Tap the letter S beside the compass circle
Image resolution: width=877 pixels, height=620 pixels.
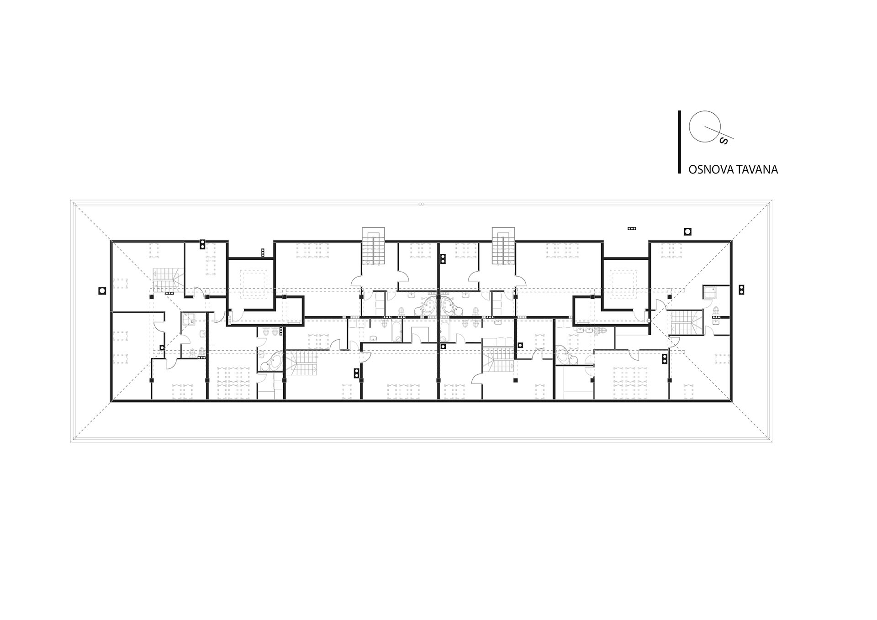[723, 141]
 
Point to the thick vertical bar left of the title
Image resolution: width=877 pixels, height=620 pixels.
[680, 142]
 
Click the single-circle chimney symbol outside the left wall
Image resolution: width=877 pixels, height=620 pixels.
[103, 290]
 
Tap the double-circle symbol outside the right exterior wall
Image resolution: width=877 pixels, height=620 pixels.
[741, 289]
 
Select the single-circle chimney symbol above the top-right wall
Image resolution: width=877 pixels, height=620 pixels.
[687, 231]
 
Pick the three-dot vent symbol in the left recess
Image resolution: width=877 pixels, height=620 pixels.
[263, 252]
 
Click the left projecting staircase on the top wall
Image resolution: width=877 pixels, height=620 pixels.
[374, 246]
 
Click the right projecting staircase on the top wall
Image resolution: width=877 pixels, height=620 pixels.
[504, 246]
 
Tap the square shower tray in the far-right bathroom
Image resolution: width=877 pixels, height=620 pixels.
[709, 292]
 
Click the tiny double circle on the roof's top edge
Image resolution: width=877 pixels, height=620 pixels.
[421, 204]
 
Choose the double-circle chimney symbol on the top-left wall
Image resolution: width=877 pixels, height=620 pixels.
[202, 245]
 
